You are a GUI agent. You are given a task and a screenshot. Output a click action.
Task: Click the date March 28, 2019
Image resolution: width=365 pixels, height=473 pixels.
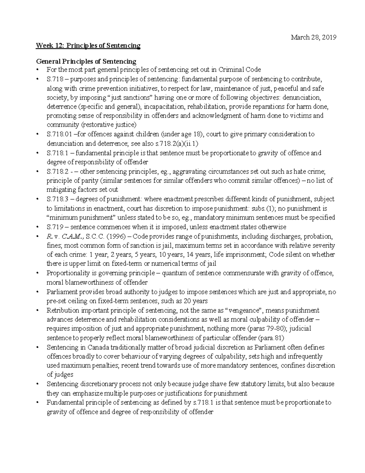pyautogui.click(x=313, y=37)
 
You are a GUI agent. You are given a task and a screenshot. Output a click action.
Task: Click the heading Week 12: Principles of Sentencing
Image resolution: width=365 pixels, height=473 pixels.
pyautogui.click(x=88, y=46)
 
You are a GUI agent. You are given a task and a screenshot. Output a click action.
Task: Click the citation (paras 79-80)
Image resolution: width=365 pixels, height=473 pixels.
pyautogui.click(x=267, y=329)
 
